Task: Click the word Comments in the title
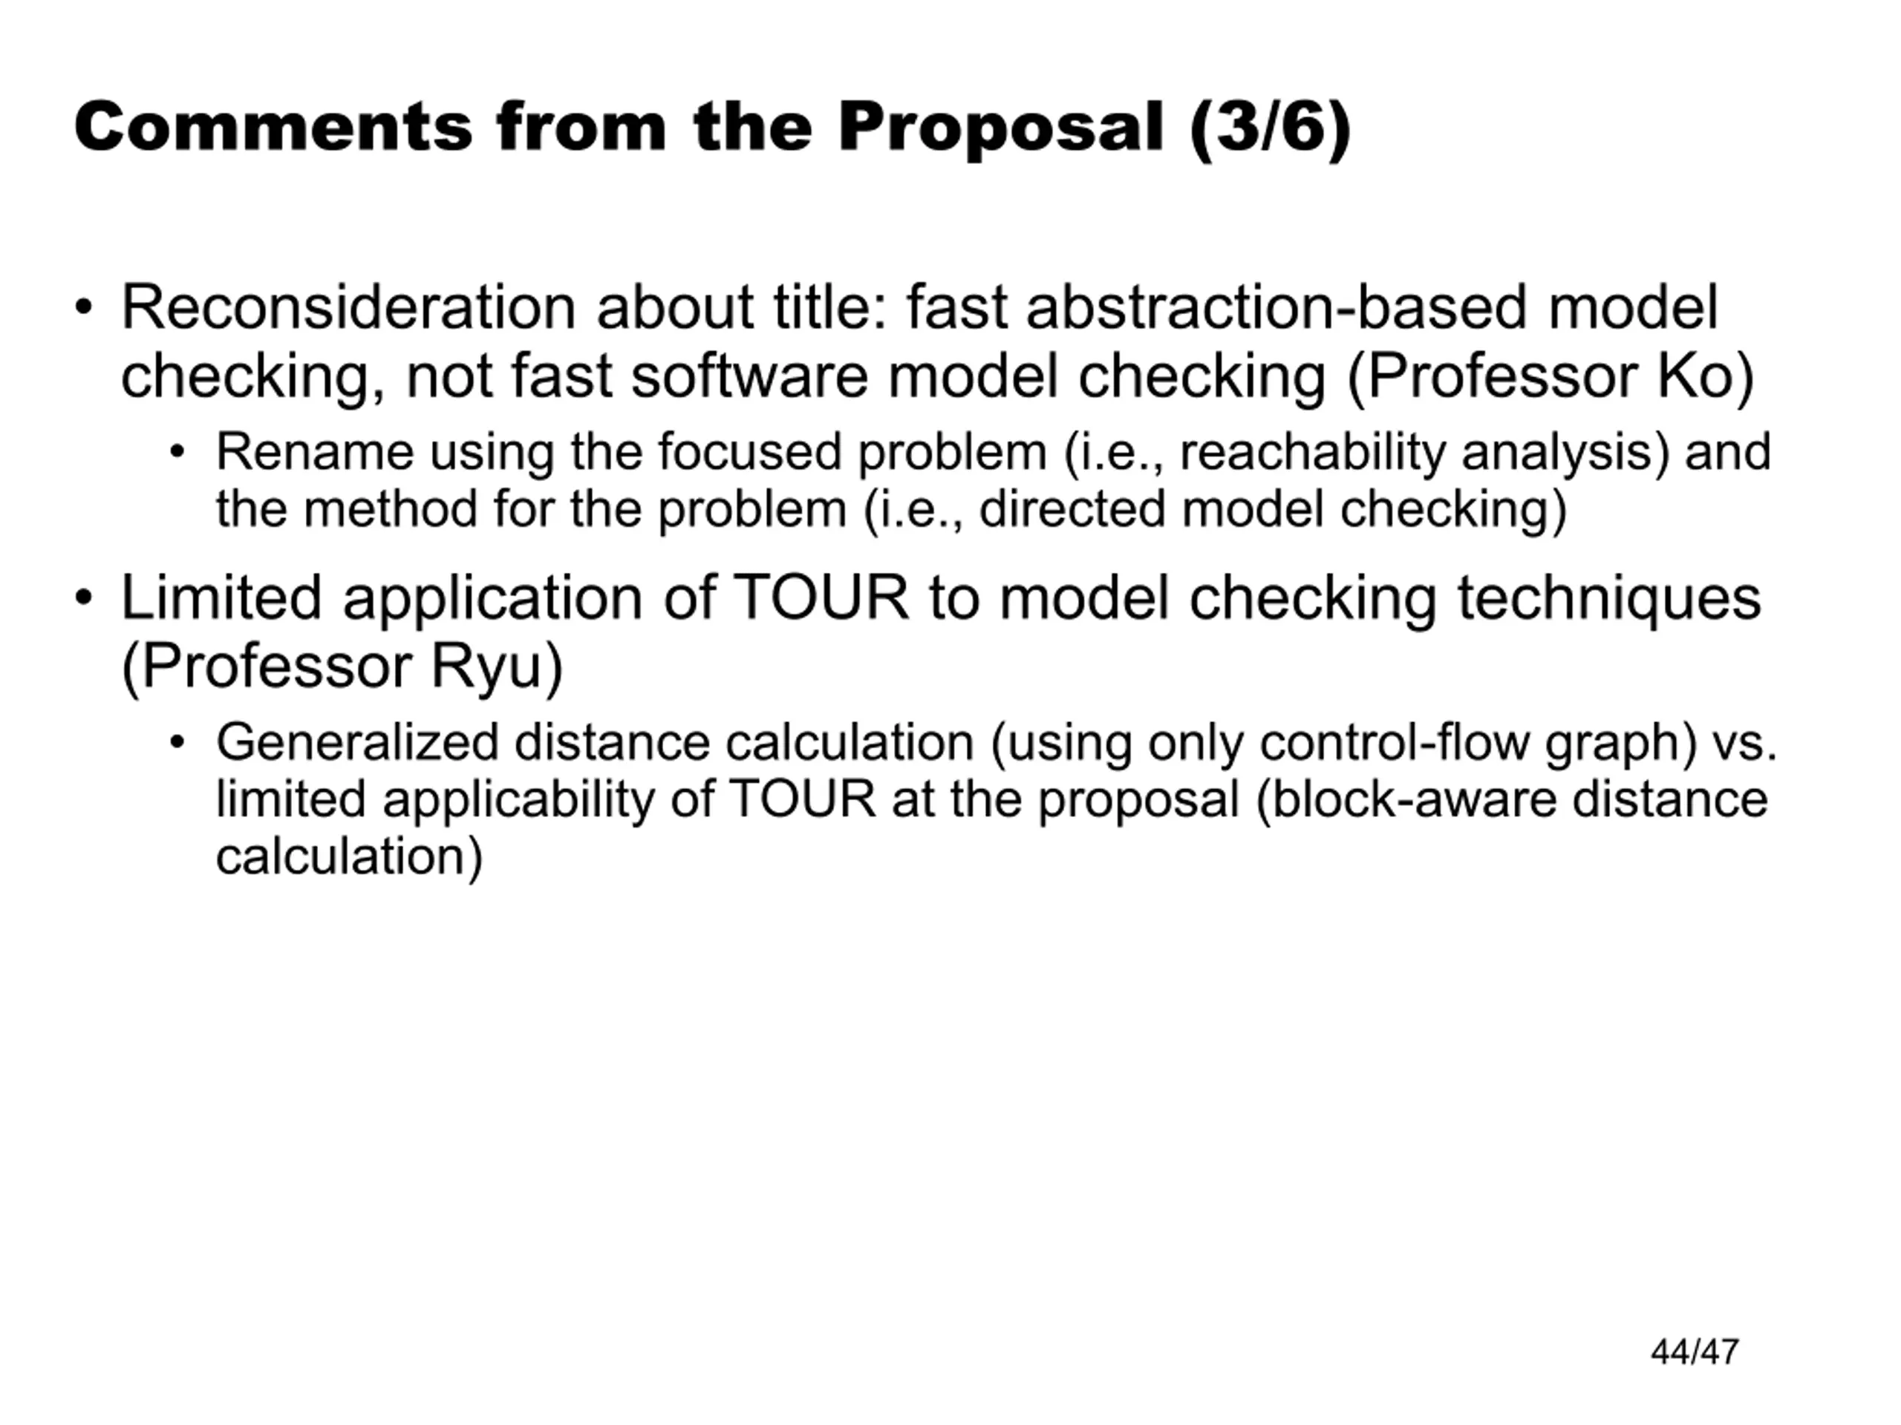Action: pyautogui.click(x=273, y=127)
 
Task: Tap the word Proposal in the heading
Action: pyautogui.click(x=1000, y=128)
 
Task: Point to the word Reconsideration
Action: pyautogui.click(x=348, y=307)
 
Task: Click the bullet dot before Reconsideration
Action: pyautogui.click(x=83, y=307)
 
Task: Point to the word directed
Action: pyautogui.click(x=1072, y=509)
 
